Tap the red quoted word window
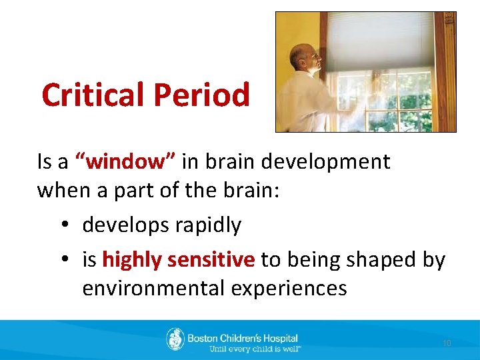pos(126,161)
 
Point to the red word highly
pos(131,259)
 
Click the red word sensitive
pos(211,259)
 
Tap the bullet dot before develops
pos(61,225)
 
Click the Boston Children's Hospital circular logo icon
pos(175,339)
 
